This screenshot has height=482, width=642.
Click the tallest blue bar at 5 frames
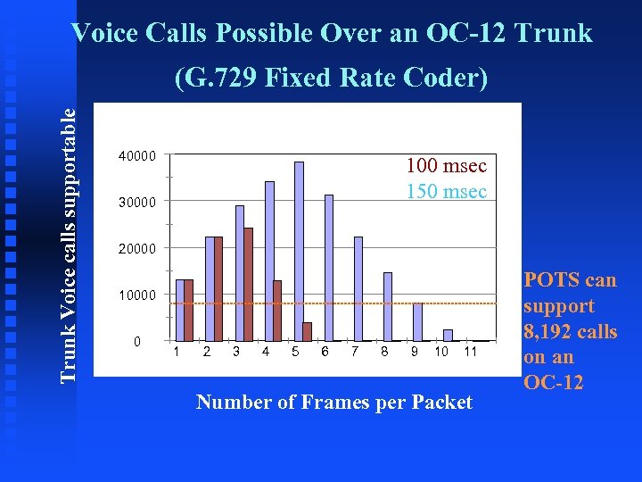299,251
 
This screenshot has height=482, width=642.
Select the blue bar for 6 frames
329,268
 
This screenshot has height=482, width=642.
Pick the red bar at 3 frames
248,284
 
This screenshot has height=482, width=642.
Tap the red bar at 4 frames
277,310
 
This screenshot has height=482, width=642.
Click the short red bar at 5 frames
308,331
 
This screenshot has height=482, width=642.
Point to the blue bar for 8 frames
388,306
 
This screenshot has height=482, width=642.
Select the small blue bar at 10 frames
448,335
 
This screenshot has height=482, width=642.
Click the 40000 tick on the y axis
137,155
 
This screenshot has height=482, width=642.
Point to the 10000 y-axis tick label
137,295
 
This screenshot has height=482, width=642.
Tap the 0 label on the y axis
136,341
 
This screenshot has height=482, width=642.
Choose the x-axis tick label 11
471,352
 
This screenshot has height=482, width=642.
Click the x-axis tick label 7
355,352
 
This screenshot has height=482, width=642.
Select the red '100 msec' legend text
446,166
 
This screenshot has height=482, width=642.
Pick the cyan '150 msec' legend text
446,192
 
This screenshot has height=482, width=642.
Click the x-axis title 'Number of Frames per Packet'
334,403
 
